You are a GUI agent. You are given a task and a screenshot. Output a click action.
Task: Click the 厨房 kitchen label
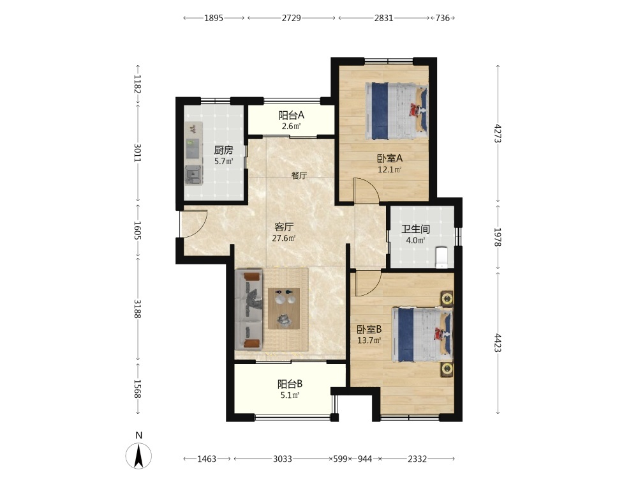click(x=224, y=150)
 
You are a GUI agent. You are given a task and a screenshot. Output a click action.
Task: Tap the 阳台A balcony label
click(x=292, y=115)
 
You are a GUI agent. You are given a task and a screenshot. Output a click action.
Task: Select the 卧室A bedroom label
click(x=390, y=158)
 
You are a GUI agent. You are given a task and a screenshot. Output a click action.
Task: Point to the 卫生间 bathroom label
click(x=415, y=229)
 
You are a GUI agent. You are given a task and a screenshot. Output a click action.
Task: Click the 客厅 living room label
click(x=284, y=227)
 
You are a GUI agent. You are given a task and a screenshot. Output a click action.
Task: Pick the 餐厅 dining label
click(x=299, y=176)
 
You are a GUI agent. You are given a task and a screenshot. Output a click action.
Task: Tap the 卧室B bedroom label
click(x=369, y=329)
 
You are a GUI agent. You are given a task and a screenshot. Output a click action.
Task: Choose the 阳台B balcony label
click(x=290, y=384)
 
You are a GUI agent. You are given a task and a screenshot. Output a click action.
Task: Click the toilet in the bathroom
click(x=441, y=257)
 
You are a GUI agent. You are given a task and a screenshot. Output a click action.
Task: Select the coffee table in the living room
click(x=284, y=308)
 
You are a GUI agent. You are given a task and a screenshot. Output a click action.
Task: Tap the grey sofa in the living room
click(x=249, y=310)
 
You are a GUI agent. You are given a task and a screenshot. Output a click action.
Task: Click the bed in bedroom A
click(x=397, y=111)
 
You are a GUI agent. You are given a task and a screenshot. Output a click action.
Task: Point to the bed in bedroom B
click(x=422, y=335)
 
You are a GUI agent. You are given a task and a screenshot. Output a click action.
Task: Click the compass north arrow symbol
click(x=138, y=455)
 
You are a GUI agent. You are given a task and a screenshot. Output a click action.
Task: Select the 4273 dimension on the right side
click(x=498, y=133)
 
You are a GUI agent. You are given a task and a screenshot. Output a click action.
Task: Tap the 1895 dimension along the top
click(x=214, y=18)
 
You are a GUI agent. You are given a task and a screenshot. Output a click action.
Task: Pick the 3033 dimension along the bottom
click(x=283, y=459)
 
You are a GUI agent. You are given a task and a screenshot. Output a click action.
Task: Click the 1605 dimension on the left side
click(x=138, y=231)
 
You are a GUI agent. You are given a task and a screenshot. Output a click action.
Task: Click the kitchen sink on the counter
click(x=193, y=176)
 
